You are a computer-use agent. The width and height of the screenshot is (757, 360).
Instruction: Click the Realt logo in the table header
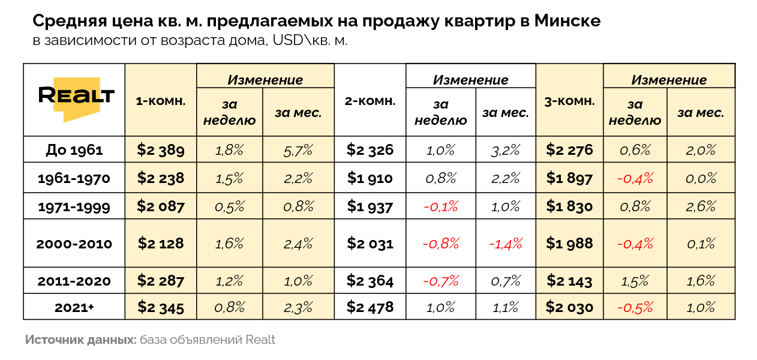coord(76,97)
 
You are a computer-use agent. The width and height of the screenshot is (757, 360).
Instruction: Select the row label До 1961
coord(74,150)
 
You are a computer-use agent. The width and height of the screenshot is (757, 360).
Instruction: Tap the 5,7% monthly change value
coord(298,150)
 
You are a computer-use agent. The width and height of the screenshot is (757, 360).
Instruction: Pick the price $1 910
coord(370,178)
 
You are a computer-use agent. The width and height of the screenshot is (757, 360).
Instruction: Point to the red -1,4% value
coord(506,244)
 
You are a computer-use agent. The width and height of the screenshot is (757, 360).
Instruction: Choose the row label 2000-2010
coord(74,244)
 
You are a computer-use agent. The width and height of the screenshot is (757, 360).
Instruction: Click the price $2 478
coord(370,307)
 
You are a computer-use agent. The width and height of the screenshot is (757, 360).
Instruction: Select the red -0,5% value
coord(635,307)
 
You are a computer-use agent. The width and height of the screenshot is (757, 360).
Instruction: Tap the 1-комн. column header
coord(161,101)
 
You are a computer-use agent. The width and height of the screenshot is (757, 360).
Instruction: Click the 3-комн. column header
coord(569,101)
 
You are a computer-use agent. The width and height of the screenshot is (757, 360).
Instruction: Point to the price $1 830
coord(569,206)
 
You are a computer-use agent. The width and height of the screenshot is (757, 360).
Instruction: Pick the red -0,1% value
coord(441,206)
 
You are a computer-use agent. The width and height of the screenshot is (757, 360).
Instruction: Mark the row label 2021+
coord(74,308)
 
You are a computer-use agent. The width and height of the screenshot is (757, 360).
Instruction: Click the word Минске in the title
coord(567,21)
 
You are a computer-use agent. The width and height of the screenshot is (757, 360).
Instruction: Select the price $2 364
coord(370,281)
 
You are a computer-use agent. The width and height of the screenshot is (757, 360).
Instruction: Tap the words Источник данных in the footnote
coord(80,340)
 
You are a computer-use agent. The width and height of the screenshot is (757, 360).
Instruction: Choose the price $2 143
coord(569,281)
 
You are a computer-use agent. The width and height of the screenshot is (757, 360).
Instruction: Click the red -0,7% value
coord(441,281)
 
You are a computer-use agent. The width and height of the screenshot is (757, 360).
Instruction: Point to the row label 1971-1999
coord(74,207)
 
